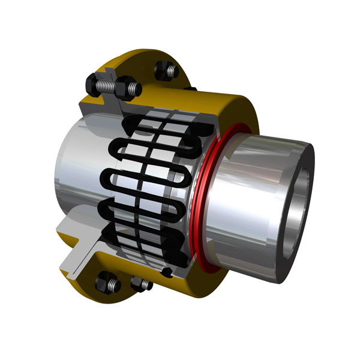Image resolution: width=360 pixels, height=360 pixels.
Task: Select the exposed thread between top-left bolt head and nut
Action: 112,85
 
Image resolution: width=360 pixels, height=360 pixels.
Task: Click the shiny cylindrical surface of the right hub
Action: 246,192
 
